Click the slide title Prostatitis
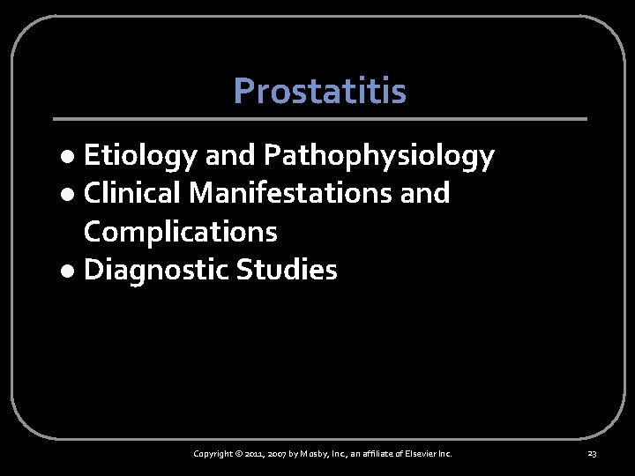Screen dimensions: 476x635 point(319,90)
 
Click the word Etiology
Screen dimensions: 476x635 point(140,157)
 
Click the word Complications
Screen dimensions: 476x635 point(180,232)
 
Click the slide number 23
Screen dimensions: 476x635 point(592,454)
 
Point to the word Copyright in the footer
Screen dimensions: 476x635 point(213,454)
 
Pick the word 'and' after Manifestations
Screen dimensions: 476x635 point(424,193)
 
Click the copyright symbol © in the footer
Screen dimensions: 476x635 point(241,454)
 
